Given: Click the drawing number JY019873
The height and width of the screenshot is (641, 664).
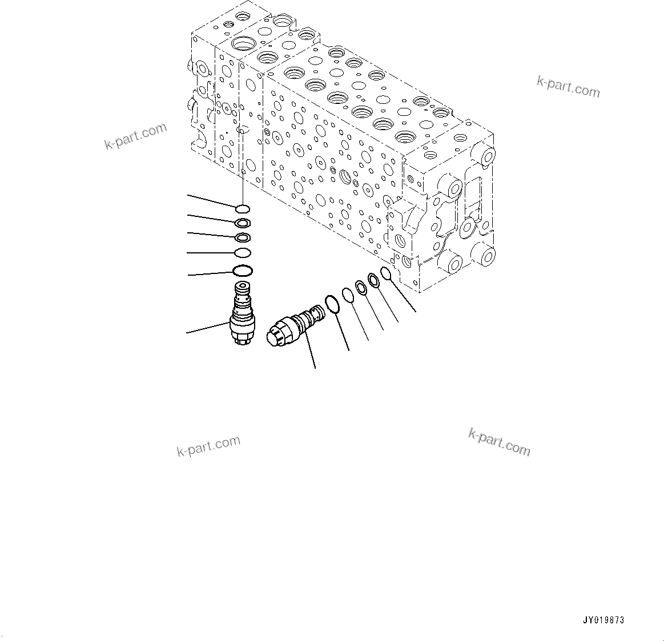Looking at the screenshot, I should point(603,620).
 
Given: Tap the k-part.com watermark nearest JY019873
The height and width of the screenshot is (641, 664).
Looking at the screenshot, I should point(500,442).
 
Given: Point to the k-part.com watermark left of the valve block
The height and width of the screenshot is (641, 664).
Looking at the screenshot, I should point(135,136).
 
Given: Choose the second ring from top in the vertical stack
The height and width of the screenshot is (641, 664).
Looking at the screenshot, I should point(242,223).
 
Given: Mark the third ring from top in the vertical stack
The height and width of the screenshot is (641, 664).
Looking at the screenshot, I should point(242,237).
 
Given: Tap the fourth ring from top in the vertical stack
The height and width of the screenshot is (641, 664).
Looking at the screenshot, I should point(242,252).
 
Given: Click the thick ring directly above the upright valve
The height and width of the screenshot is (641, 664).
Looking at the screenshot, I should point(242,270).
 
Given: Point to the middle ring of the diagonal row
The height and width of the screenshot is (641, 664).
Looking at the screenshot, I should point(361,287).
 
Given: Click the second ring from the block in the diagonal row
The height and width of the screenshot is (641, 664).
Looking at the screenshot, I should point(374,280).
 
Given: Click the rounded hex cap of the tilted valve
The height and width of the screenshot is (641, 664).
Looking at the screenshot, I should point(278,333).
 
